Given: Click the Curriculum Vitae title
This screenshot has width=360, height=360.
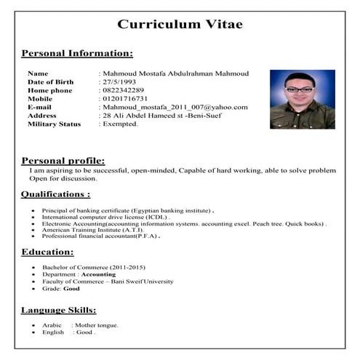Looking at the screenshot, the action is point(180,24).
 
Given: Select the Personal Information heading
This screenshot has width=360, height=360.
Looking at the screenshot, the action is point(77,53).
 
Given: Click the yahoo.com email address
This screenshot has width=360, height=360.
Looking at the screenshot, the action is point(175,107).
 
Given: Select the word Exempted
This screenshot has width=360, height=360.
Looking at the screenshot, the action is point(121,124).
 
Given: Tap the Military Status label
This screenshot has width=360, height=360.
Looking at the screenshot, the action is point(56,124).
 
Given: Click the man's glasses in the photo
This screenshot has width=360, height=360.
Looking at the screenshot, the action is point(300,89).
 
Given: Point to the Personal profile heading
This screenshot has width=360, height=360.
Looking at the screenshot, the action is point(63,160).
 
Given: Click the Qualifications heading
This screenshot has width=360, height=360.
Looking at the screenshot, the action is point(56,194).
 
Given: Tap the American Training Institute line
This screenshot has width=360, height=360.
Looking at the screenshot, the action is point(92,230).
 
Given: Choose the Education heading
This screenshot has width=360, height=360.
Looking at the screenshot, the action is point(47,252).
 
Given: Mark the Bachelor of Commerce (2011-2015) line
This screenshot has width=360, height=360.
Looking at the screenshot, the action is point(86,267).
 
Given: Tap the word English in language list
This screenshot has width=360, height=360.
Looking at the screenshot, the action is point(53,332).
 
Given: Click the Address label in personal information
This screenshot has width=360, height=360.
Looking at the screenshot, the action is point(42,115).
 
